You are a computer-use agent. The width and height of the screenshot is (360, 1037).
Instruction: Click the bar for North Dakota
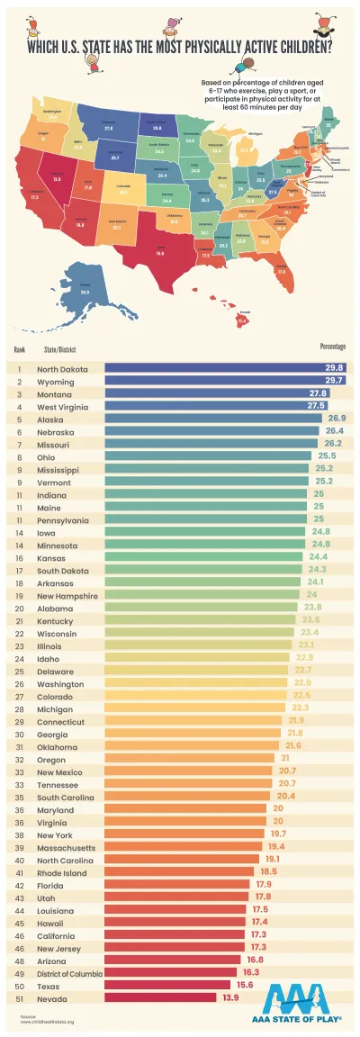225,368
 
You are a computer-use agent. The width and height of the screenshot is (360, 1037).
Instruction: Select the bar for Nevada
162,996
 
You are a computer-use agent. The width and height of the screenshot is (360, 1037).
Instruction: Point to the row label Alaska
49,419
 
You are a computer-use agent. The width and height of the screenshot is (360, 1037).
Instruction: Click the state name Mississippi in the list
58,469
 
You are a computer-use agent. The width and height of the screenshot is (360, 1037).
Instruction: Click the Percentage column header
332,347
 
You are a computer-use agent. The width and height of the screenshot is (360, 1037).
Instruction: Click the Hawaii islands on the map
238,318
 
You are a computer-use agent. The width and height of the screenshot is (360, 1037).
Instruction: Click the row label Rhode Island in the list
60,870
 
